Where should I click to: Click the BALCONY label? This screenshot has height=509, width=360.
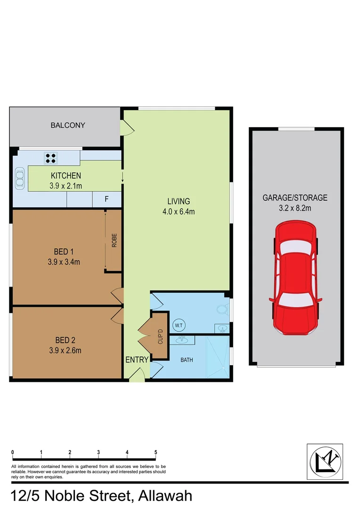coord(68,125)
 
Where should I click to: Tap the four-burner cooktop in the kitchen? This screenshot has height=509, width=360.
coord(51,158)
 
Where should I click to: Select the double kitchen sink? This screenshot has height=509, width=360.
coord(20,179)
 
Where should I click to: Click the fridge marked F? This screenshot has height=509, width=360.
coord(106,199)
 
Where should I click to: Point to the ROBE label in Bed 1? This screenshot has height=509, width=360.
coord(114,240)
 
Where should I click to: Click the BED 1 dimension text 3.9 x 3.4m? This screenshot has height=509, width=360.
coord(64,262)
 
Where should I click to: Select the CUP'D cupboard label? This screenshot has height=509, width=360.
coord(160,336)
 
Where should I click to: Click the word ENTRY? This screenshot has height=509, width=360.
coord(137,360)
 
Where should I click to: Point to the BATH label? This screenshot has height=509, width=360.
coord(187,360)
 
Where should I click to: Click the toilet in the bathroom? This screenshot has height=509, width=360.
coord(221,309)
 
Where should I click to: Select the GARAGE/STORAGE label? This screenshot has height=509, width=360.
coord(295,198)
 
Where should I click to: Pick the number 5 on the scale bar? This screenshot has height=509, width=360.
coord(155,452)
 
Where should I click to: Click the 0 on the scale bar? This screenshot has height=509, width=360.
coord(12,452)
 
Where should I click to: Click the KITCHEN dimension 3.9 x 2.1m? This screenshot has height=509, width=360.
coord(65,186)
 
